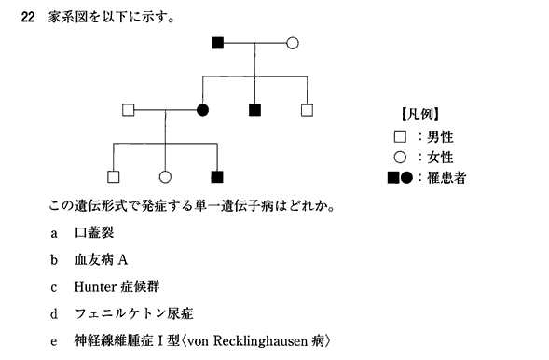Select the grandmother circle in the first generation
(293, 43)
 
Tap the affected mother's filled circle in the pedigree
(202, 110)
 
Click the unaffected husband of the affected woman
(129, 110)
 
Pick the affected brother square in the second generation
(254, 110)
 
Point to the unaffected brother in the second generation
(307, 110)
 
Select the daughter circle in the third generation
(165, 175)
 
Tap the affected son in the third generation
(217, 175)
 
